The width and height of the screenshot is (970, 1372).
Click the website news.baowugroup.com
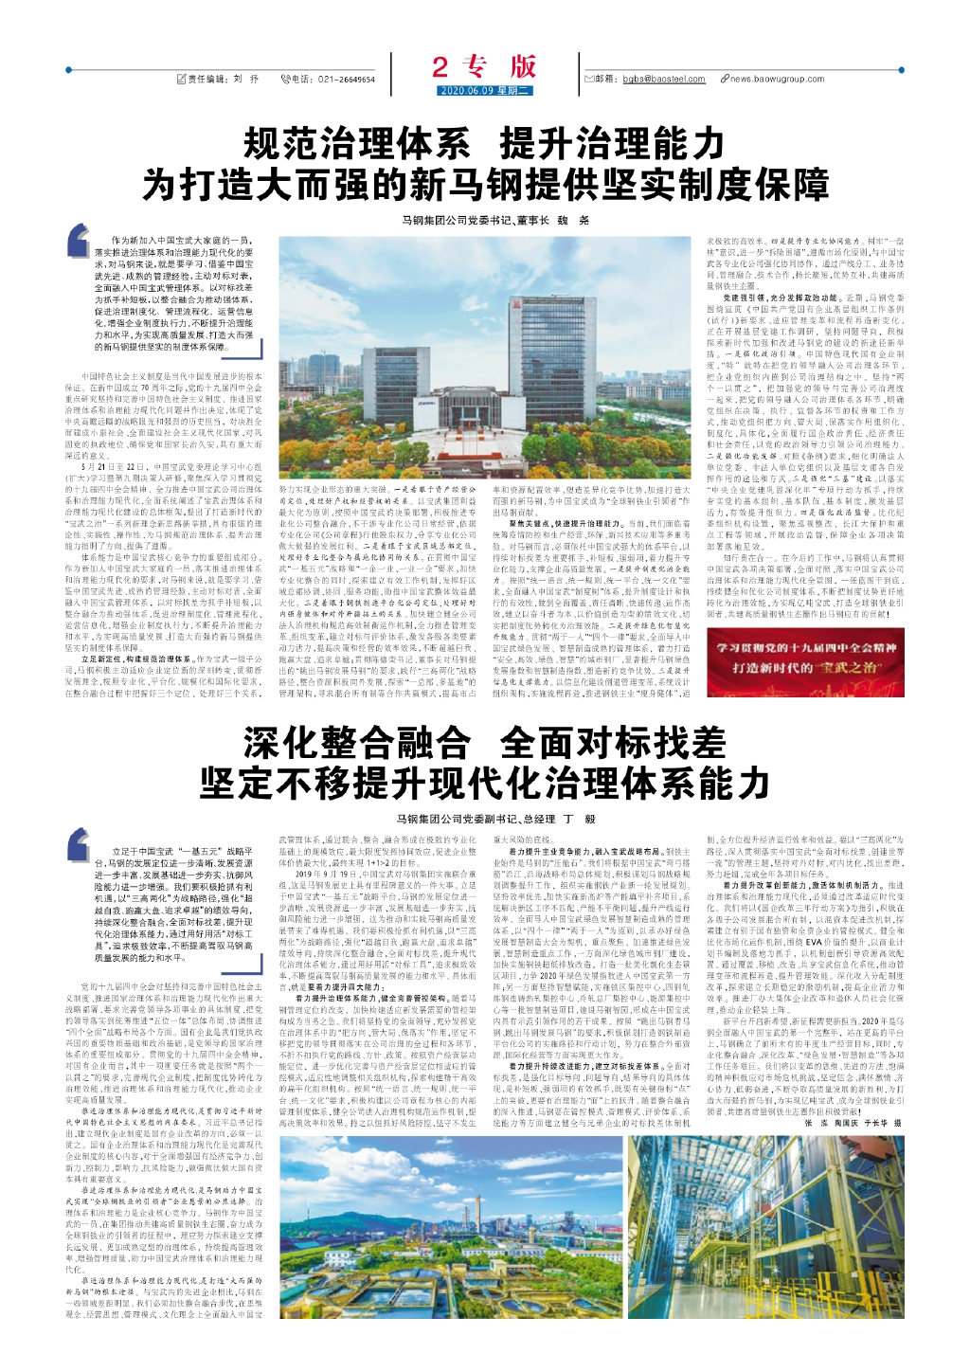pyautogui.click(x=777, y=80)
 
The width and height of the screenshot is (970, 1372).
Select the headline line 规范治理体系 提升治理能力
pyautogui.click(x=484, y=145)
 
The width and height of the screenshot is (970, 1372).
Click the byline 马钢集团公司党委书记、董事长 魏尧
pyautogui.click(x=494, y=220)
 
